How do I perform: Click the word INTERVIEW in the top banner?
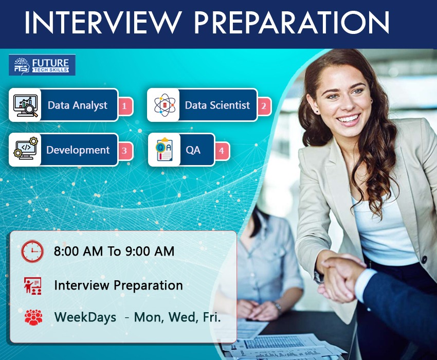tap(103, 23)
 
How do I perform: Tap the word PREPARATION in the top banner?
tap(292, 23)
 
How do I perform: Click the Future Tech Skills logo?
tap(42, 65)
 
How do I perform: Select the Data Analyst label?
tap(78, 105)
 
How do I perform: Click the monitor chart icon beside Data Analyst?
tap(26, 105)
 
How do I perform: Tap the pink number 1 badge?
tap(124, 106)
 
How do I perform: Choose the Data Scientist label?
tap(217, 105)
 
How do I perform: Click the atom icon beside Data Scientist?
tap(165, 105)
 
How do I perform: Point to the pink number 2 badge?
tap(264, 106)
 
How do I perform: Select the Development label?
tap(78, 150)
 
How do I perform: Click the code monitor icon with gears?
tap(26, 149)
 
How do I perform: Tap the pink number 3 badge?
tap(124, 151)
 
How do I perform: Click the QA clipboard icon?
tap(165, 149)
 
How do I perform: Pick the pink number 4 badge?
tap(222, 151)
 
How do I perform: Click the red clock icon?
tap(32, 251)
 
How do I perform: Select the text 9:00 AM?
tap(150, 251)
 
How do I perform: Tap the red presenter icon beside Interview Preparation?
tap(32, 286)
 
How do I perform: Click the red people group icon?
tap(33, 317)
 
